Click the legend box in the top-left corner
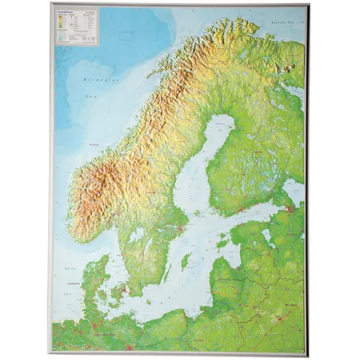coord(78,26)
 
